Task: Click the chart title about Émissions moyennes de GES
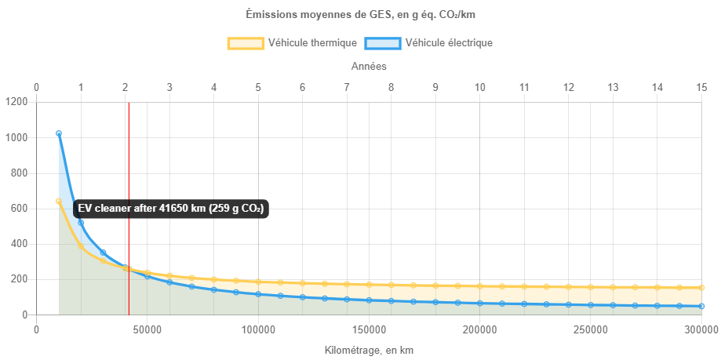360,14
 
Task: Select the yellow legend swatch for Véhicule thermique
246,43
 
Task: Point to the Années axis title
368,67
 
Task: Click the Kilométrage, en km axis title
368,351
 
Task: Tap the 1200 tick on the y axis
16,102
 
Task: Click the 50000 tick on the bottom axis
147,329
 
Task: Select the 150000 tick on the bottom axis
369,329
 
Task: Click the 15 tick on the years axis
701,86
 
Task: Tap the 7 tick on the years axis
347,86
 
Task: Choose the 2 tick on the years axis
125,86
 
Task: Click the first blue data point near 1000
59,133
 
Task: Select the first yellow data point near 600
59,202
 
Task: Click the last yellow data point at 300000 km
701,288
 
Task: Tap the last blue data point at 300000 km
701,306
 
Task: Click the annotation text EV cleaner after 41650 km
170,209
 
